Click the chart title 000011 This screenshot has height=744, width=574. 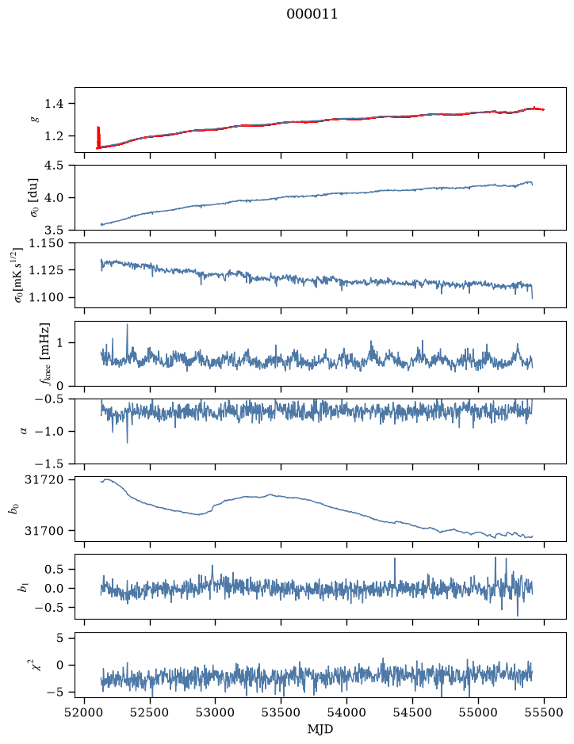pyautogui.click(x=312, y=14)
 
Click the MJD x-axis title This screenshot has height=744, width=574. pyautogui.click(x=320, y=729)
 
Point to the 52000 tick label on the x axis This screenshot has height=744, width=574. pyautogui.click(x=85, y=712)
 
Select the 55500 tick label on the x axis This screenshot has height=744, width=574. pyautogui.click(x=544, y=712)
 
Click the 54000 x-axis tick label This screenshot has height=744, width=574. pyautogui.click(x=346, y=712)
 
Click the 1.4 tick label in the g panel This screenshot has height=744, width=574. pyautogui.click(x=54, y=104)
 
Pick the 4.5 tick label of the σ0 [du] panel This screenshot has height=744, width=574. pyautogui.click(x=54, y=165)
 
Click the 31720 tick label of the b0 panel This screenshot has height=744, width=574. pyautogui.click(x=43, y=479)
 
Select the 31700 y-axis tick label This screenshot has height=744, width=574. pyautogui.click(x=43, y=531)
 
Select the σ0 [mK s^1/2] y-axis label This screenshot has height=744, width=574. pyautogui.click(x=18, y=275)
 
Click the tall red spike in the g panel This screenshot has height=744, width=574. pyautogui.click(x=98, y=136)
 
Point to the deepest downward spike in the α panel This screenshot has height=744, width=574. pyautogui.click(x=127, y=442)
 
